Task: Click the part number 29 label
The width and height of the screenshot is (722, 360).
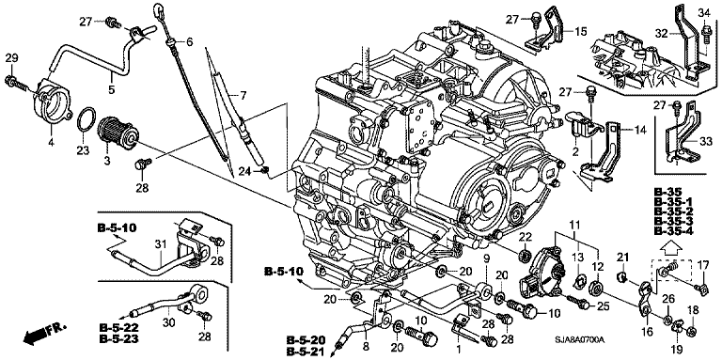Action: pos(11,58)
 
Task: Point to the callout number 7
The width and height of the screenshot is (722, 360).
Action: pos(243,96)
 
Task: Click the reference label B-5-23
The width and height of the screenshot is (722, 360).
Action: pos(118,339)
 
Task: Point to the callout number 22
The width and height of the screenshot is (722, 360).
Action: pos(526,237)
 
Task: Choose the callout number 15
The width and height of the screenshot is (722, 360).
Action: pos(581,32)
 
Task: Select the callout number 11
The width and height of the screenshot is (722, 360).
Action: pos(573,225)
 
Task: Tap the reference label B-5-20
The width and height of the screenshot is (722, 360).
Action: pos(306,340)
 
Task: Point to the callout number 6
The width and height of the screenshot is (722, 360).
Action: pos(189,42)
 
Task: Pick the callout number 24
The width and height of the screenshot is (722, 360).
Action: pos(244,172)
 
